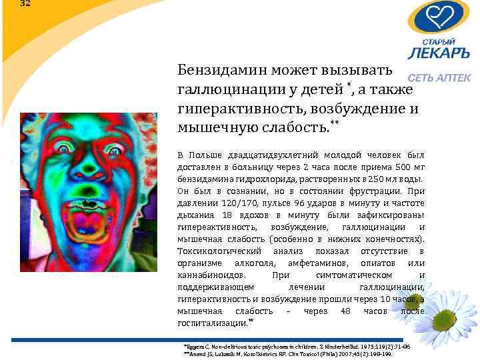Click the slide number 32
pos(25,3)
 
